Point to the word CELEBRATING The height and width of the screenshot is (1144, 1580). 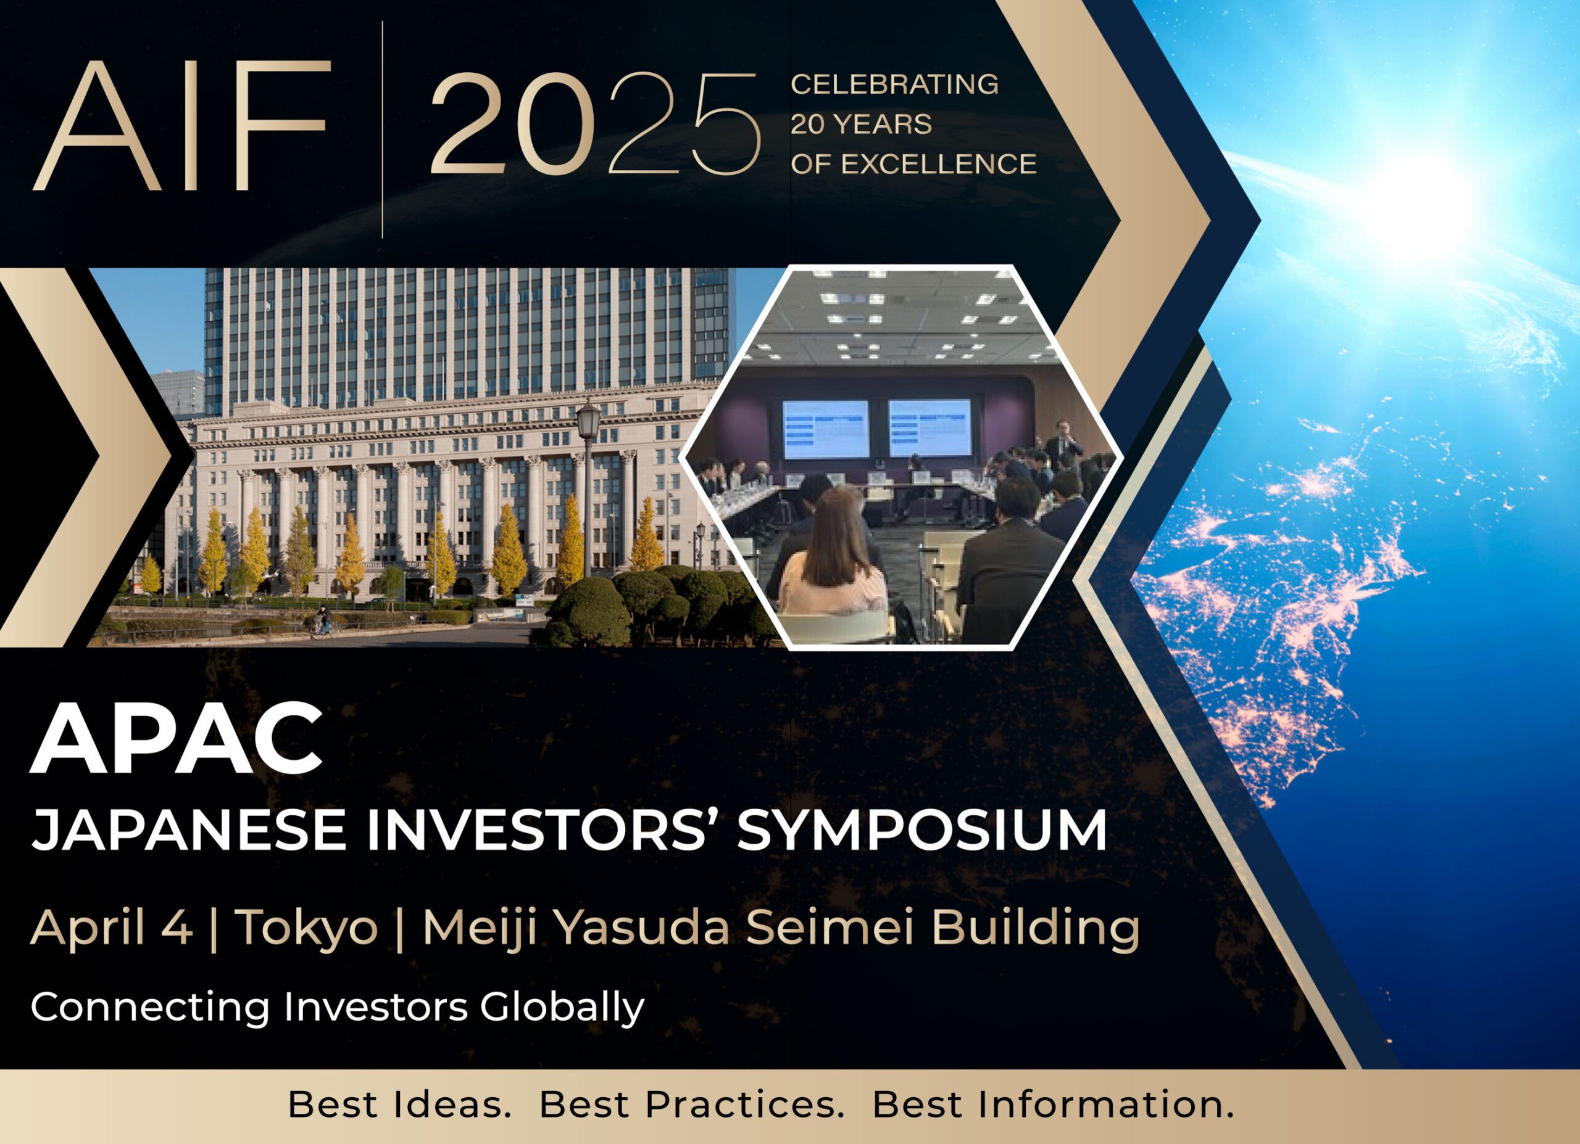894,84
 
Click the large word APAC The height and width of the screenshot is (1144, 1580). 177,739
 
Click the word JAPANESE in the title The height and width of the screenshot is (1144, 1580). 189,831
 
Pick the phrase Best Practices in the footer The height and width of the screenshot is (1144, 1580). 692,1106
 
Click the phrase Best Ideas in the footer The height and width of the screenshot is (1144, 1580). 400,1105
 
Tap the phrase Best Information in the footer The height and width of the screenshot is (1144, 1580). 1053,1105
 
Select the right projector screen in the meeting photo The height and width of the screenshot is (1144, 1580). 930,427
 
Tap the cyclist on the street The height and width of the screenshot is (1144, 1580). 323,621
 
